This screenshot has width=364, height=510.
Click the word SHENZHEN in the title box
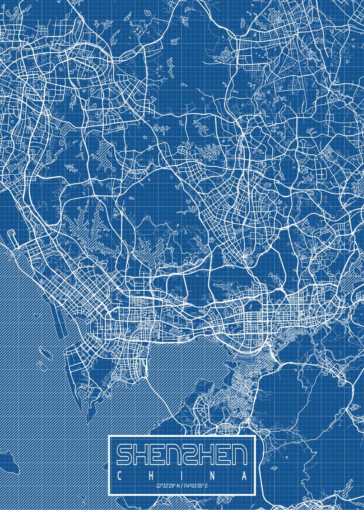point(182,454)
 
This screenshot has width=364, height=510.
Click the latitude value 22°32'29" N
point(168,485)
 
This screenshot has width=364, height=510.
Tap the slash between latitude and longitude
point(182,485)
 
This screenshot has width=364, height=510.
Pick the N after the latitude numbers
point(178,485)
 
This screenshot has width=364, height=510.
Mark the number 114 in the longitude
point(187,485)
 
